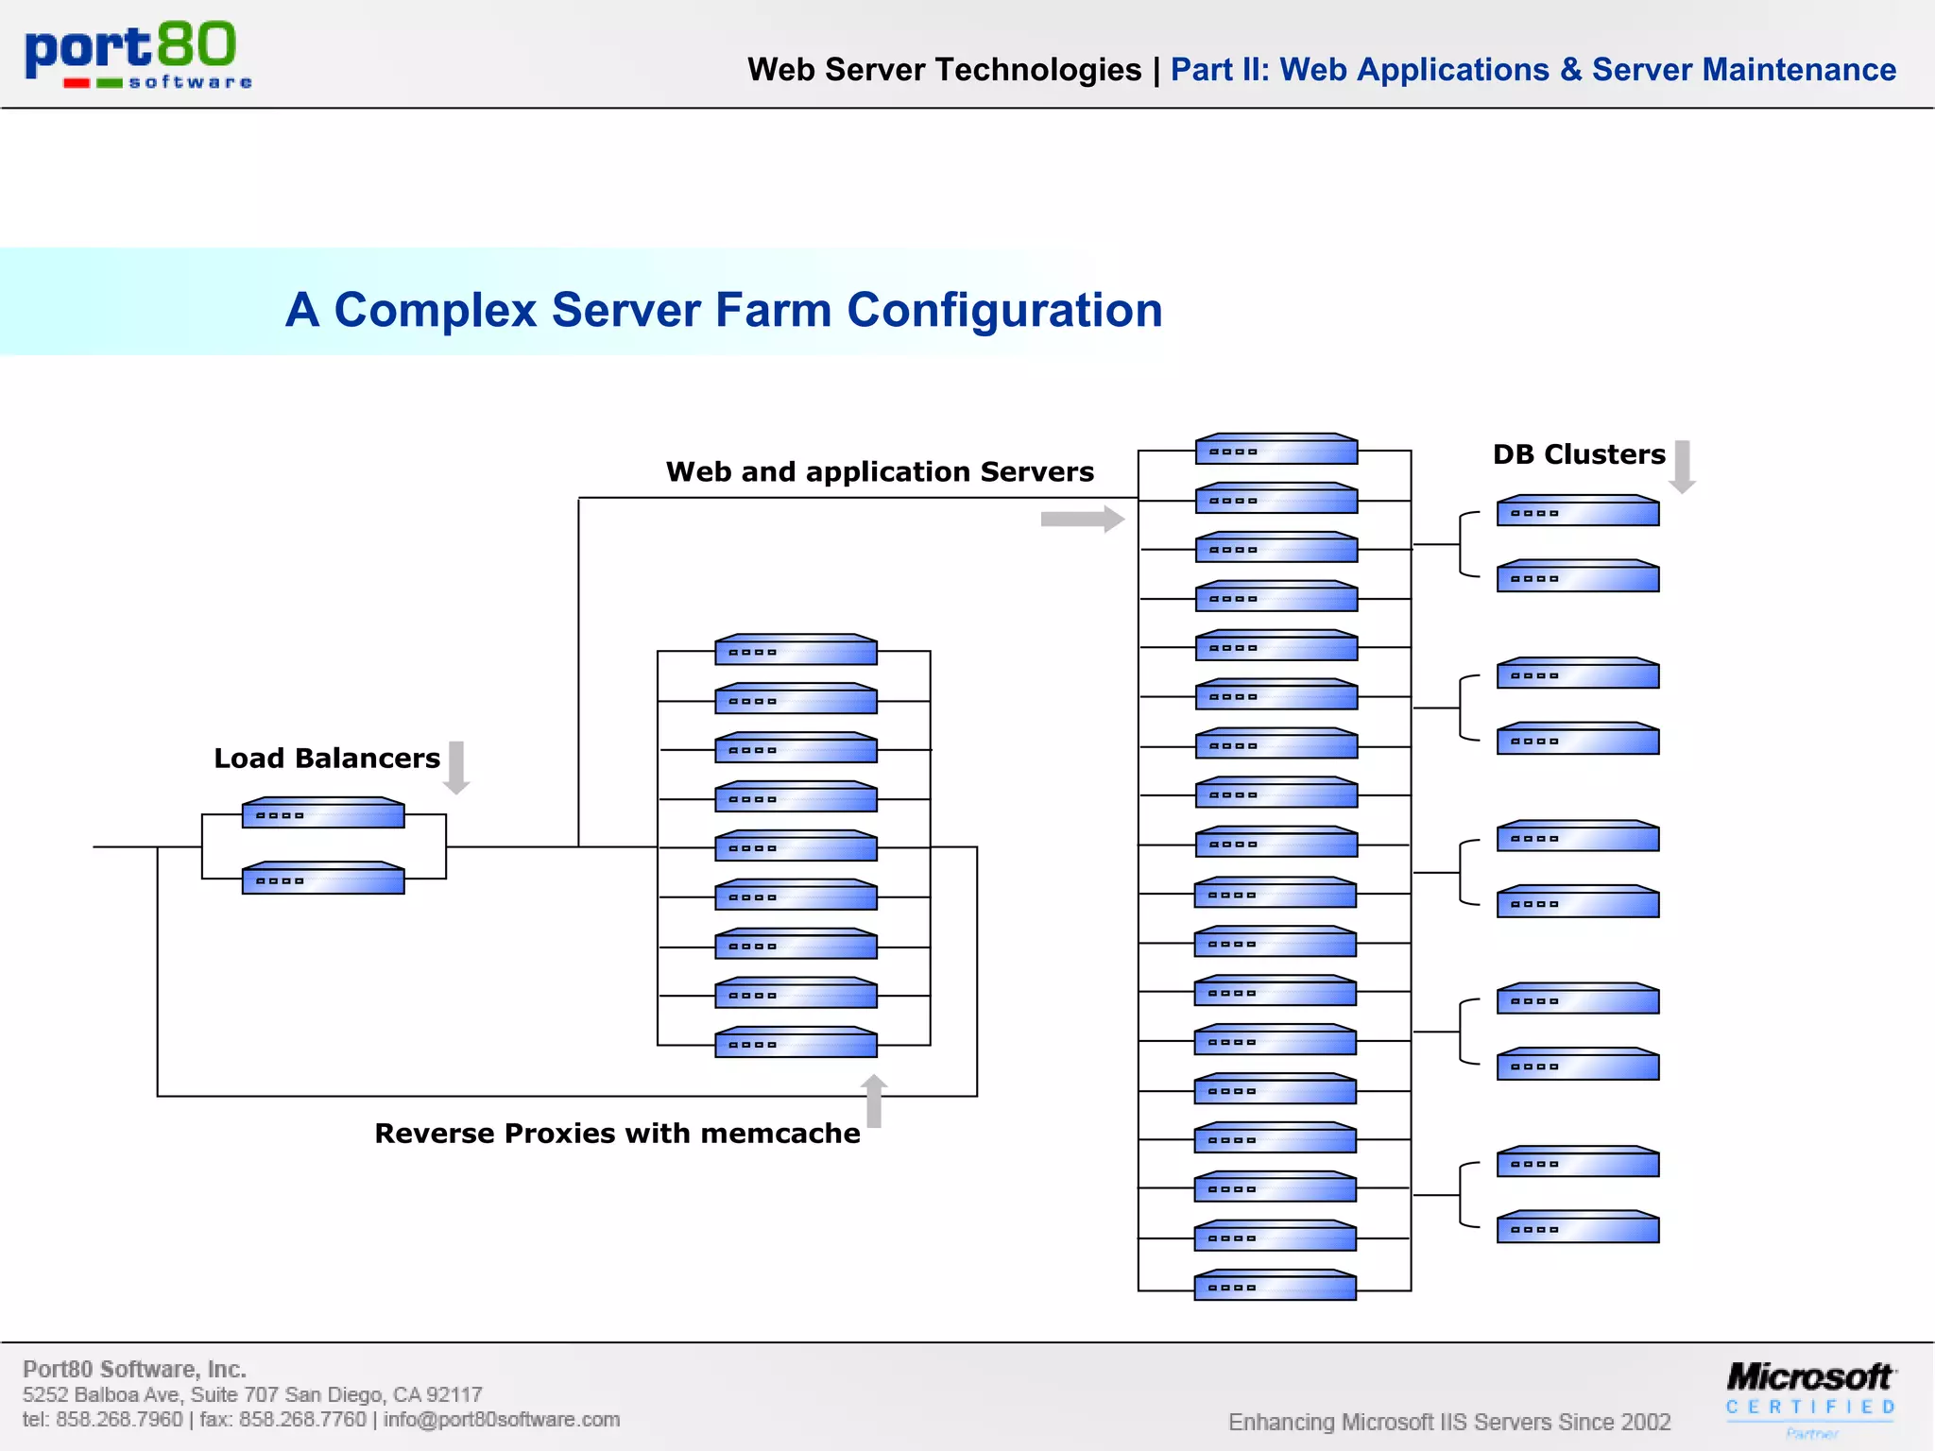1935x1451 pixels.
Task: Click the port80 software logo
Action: coord(138,55)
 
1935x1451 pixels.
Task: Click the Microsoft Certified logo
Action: coord(1810,1392)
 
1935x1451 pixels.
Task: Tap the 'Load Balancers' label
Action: coord(327,759)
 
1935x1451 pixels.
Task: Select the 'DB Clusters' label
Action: coord(1579,454)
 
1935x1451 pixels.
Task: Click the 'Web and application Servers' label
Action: coord(880,471)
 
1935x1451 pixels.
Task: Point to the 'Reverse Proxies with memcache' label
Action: coord(617,1133)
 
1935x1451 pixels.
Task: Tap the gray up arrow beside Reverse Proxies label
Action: coord(875,1101)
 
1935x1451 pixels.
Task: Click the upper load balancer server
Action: coord(323,813)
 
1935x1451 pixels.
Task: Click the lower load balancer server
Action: coord(323,879)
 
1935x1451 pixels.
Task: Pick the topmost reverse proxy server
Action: coord(796,650)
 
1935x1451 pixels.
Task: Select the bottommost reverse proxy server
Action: coord(796,1043)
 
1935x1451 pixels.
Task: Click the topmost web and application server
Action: coord(1276,450)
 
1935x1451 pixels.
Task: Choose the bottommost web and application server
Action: coord(1276,1286)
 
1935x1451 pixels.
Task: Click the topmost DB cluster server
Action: coord(1578,511)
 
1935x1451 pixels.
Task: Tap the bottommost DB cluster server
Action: coord(1578,1227)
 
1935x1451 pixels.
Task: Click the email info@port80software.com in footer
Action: coord(502,1419)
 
